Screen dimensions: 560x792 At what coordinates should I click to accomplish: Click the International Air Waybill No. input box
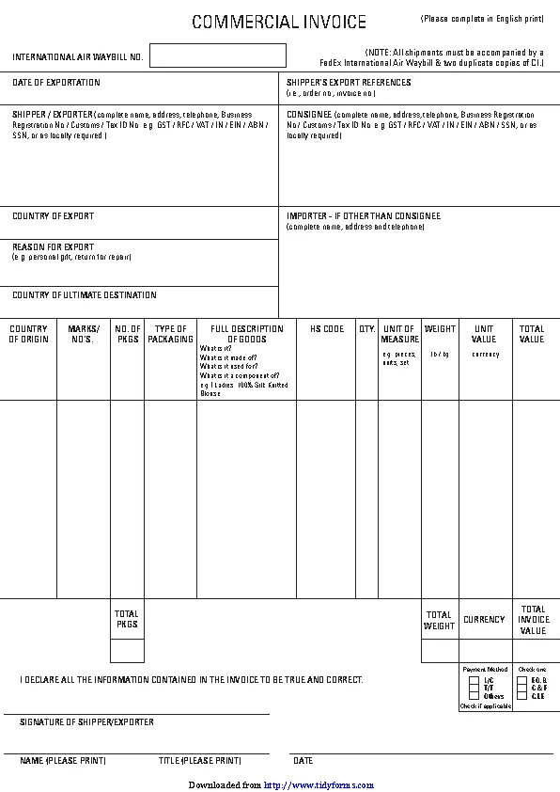pos(218,55)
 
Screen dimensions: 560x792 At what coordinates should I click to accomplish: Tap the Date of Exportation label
pos(56,84)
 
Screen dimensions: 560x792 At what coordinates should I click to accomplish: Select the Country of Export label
pos(54,216)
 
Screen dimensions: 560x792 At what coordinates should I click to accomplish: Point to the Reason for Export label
pos(54,247)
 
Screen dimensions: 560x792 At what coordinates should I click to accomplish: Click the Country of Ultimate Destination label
pos(85,295)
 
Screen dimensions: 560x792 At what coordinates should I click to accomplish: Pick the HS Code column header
pos(327,329)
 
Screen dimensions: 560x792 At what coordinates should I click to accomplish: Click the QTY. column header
pos(367,329)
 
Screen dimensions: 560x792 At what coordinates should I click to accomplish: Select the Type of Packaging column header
pos(171,334)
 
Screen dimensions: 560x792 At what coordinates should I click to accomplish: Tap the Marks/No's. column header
pos(84,334)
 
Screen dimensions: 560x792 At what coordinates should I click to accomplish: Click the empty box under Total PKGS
pos(127,651)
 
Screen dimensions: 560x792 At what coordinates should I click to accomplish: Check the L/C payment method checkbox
pos(474,679)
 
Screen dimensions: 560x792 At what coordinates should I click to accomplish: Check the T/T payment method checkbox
pos(474,688)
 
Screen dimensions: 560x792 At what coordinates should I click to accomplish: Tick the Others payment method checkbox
pos(474,696)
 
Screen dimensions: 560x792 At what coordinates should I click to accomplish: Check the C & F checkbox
pos(521,688)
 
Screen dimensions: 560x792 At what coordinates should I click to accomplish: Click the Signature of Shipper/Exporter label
pos(86,722)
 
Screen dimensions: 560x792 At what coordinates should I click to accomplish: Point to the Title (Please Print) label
pos(199,760)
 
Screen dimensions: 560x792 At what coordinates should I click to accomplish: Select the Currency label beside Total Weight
pos(485,620)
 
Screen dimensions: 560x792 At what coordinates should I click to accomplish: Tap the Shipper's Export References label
pos(349,83)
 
